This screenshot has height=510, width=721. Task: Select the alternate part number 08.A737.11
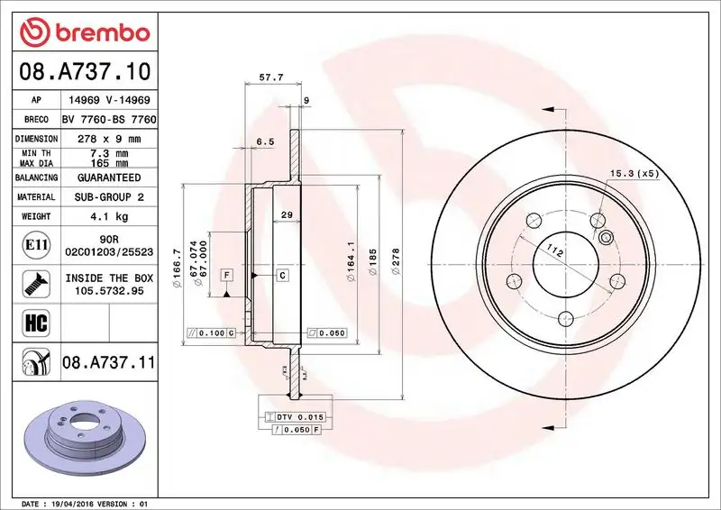click(x=109, y=363)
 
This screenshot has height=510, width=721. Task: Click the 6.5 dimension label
click(x=265, y=141)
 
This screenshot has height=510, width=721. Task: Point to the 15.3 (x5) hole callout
click(x=634, y=172)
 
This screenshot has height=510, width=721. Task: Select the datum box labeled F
click(x=226, y=274)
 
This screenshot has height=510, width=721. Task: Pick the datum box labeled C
click(x=282, y=274)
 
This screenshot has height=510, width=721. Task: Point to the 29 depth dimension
click(x=286, y=214)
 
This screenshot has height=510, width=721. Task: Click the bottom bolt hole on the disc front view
click(x=564, y=318)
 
